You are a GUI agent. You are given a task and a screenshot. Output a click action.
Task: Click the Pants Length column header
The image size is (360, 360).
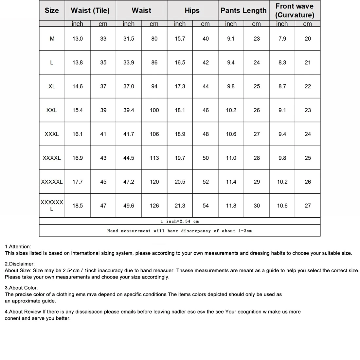pyautogui.click(x=243, y=10)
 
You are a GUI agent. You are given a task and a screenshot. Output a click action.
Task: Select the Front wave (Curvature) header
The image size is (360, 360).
pyautogui.click(x=295, y=10)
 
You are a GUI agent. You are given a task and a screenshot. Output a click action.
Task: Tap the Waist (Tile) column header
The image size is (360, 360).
pyautogui.click(x=90, y=10)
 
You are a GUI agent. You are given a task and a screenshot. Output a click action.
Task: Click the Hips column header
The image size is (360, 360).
pyautogui.click(x=192, y=10)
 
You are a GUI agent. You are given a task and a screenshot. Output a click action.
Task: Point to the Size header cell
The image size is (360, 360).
pyautogui.click(x=52, y=10)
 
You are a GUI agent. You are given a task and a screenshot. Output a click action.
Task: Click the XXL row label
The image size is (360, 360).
pyautogui.click(x=52, y=110)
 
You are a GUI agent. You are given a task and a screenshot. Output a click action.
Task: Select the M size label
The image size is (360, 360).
pyautogui.click(x=52, y=39)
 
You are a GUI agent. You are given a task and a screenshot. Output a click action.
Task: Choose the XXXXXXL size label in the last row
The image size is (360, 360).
pyautogui.click(x=52, y=206)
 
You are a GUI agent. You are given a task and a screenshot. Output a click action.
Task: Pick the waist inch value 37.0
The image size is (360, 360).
pyautogui.click(x=129, y=86)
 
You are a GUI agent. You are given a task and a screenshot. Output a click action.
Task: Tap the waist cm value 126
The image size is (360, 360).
pyautogui.click(x=154, y=206)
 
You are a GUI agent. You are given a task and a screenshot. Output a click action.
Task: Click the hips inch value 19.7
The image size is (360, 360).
pyautogui.click(x=180, y=158)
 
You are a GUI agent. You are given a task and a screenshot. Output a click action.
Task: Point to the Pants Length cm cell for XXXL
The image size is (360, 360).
pyautogui.click(x=257, y=134)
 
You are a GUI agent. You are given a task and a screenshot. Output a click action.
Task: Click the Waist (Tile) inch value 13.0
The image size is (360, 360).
pyautogui.click(x=78, y=39)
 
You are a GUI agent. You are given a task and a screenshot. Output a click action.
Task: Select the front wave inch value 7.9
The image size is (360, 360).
pyautogui.click(x=282, y=39)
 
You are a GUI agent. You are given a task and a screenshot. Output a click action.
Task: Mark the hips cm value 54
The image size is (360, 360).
pyautogui.click(x=206, y=206)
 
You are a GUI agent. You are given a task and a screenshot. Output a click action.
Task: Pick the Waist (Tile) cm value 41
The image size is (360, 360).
pyautogui.click(x=103, y=134)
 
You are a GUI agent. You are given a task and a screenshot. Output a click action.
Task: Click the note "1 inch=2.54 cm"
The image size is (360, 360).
pyautogui.click(x=180, y=221)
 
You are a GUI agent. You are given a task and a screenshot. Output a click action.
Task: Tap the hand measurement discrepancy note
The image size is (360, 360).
pyautogui.click(x=180, y=231)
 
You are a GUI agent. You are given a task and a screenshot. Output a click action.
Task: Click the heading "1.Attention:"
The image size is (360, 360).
pyautogui.click(x=18, y=246)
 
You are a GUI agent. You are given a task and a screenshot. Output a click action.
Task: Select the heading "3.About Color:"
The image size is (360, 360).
pyautogui.click(x=21, y=288)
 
